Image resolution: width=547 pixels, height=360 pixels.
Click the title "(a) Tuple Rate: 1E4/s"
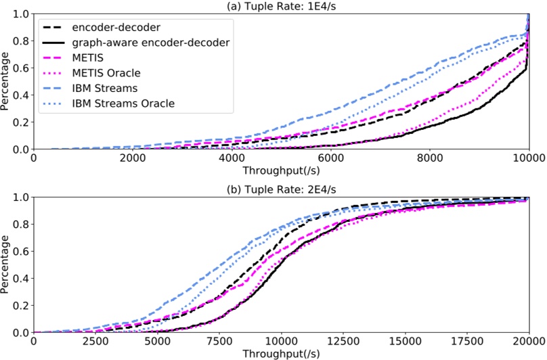tap(281, 6)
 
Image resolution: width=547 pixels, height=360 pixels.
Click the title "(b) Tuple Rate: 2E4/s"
tap(281, 189)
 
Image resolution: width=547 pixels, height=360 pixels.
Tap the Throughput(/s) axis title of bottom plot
tap(281, 353)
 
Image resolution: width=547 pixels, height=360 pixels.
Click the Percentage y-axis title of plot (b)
tap(6, 265)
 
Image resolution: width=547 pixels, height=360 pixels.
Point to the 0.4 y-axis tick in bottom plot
tap(22, 278)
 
